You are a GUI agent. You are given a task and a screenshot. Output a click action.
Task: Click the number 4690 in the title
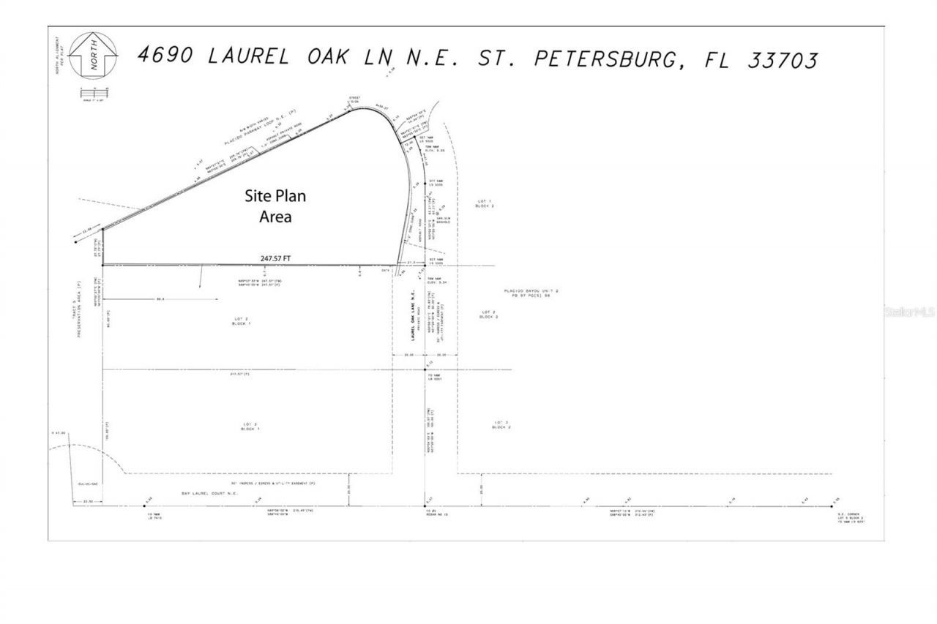click(166, 56)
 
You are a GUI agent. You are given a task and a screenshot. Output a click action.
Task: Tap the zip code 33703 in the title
click(782, 60)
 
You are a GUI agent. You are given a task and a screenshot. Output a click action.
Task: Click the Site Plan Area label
click(275, 206)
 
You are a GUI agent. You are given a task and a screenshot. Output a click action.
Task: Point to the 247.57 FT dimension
click(275, 258)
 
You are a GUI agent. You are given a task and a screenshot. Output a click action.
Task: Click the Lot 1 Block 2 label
click(484, 203)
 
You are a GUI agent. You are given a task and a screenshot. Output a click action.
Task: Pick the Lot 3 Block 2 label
click(501, 424)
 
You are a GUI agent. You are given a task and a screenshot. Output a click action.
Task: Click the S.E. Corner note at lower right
click(852, 517)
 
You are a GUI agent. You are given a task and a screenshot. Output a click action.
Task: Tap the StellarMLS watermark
click(910, 312)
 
